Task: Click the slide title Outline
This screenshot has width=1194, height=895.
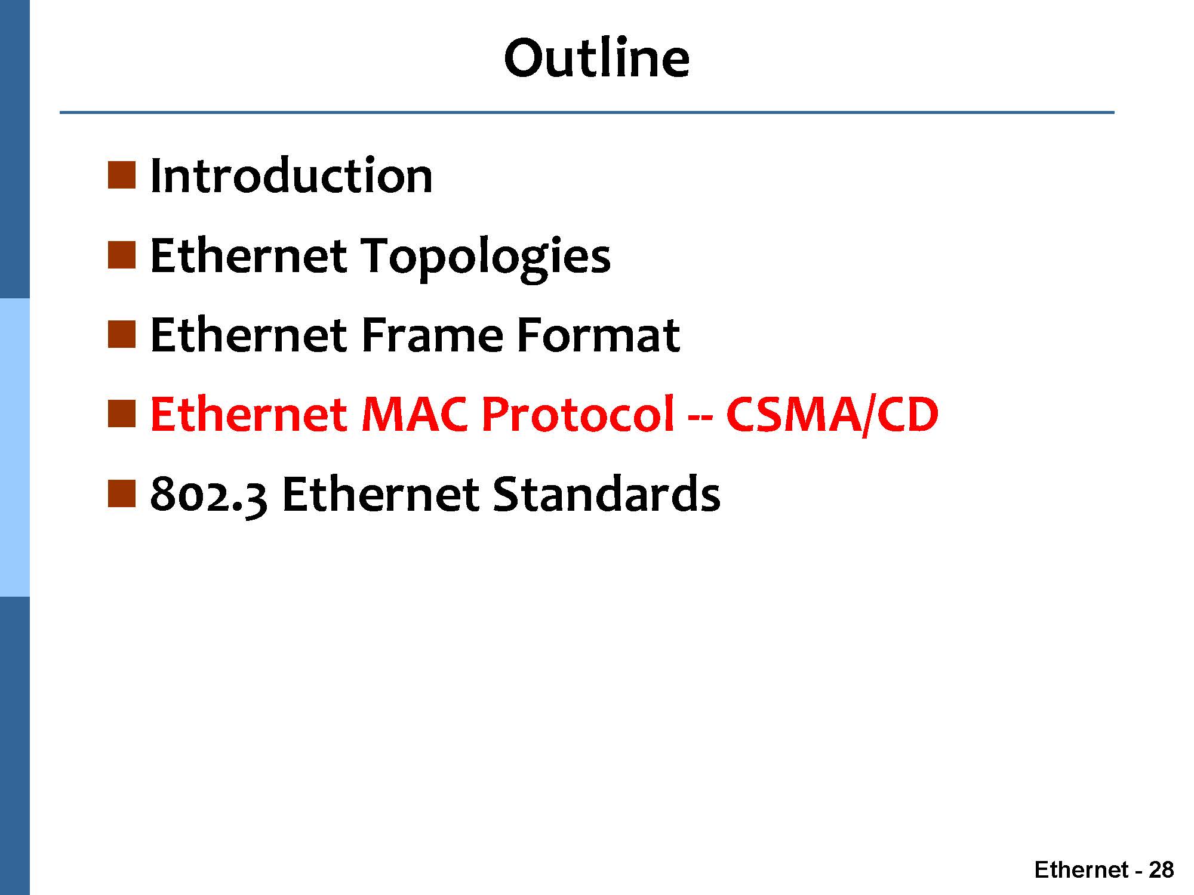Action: click(x=597, y=58)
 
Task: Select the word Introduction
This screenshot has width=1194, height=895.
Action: click(x=291, y=176)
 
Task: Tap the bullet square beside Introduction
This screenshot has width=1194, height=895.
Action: click(x=122, y=175)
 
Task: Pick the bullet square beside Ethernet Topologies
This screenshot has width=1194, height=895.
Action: click(x=122, y=255)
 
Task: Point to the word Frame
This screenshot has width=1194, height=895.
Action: click(x=432, y=335)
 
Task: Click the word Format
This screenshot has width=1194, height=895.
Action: click(x=598, y=335)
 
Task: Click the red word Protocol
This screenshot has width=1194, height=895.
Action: click(x=578, y=414)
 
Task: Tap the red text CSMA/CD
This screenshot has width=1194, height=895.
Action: click(x=832, y=415)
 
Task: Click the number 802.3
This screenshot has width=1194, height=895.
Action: click(x=209, y=495)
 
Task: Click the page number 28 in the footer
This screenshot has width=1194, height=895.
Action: click(x=1161, y=870)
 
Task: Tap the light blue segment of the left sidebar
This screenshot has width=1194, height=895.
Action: click(x=14, y=447)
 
